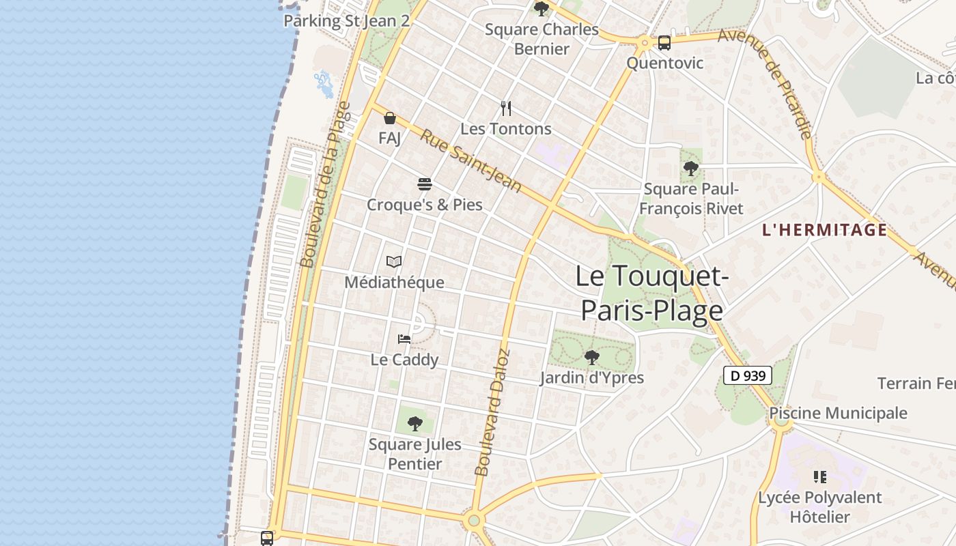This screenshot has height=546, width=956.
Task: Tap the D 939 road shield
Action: click(748, 375)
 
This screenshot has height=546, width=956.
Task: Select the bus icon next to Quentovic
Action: click(664, 43)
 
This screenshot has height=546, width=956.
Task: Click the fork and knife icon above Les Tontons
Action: click(506, 108)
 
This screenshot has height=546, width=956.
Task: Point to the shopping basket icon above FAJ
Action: click(390, 118)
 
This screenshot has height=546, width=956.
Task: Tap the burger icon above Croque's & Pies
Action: click(425, 184)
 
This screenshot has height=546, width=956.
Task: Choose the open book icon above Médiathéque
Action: click(394, 261)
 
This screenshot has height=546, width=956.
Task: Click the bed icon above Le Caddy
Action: click(404, 339)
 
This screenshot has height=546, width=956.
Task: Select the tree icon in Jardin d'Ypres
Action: click(592, 357)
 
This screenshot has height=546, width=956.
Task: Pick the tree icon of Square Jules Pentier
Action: click(414, 424)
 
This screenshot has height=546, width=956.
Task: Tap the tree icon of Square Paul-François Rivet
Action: click(691, 168)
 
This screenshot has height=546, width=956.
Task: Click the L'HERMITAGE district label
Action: click(824, 230)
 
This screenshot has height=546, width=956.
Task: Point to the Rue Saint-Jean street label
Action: click(470, 161)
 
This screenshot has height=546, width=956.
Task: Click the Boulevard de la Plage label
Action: click(326, 184)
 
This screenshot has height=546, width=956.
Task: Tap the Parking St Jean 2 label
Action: click(346, 20)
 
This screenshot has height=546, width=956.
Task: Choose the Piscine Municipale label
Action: click(838, 413)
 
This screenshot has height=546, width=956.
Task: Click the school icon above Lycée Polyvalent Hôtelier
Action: click(820, 477)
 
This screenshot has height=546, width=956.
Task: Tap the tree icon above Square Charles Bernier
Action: click(542, 9)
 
